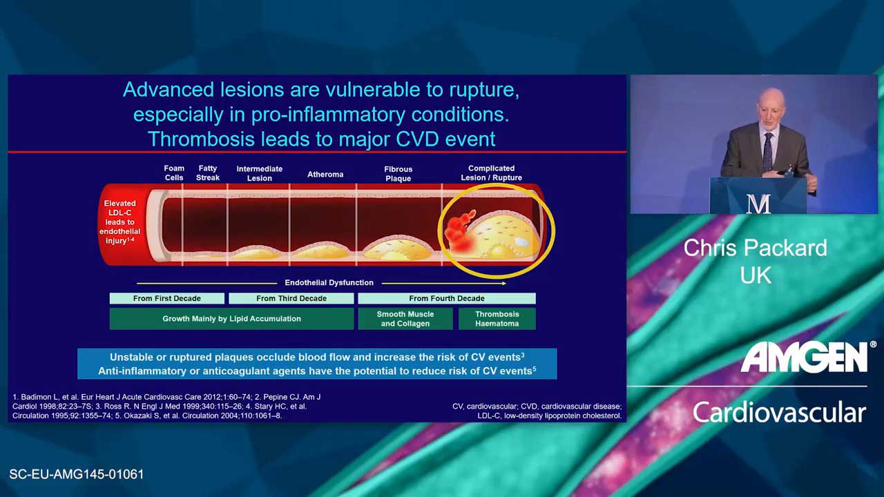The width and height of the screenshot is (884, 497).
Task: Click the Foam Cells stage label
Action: click(x=174, y=173)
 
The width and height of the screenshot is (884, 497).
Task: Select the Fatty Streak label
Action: click(x=208, y=173)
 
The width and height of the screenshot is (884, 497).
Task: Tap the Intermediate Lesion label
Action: click(x=259, y=173)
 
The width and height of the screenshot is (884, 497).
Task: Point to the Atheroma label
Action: click(x=325, y=175)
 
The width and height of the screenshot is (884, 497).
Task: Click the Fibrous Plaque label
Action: click(x=398, y=174)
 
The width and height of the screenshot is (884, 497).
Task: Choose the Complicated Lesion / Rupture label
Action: click(x=491, y=173)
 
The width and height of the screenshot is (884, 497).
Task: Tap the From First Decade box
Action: click(x=167, y=298)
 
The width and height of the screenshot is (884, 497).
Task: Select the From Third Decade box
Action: click(x=291, y=298)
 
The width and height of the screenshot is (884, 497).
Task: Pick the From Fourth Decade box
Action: click(x=447, y=298)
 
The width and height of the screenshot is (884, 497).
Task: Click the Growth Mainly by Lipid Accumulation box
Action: click(x=231, y=319)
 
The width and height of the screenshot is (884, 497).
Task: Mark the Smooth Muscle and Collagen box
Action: click(x=405, y=319)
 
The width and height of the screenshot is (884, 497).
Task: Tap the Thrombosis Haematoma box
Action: click(x=497, y=319)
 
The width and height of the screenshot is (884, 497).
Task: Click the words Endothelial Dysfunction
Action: click(x=329, y=283)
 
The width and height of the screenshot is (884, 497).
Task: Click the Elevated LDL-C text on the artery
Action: click(x=119, y=208)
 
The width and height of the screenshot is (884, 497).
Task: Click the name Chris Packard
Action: click(x=756, y=248)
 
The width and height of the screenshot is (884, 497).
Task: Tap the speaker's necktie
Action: click(x=767, y=151)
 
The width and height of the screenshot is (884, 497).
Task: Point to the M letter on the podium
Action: click(x=758, y=204)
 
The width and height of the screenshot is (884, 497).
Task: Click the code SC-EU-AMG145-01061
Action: click(x=77, y=474)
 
